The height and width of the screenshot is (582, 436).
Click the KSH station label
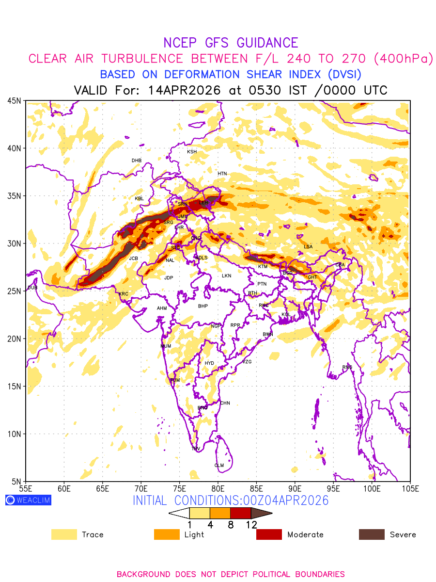tap(192, 152)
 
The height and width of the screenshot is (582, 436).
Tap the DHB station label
tap(137, 161)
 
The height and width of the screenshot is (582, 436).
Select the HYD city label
tap(209, 363)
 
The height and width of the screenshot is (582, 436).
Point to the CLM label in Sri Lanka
tap(219, 466)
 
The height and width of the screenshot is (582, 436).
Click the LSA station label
tap(308, 247)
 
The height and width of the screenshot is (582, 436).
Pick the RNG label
tap(347, 367)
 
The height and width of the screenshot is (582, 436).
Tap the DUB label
tap(32, 288)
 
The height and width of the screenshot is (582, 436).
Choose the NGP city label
tap(216, 326)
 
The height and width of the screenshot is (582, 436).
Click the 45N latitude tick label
tap(14, 100)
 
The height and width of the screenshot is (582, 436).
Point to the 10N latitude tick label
tap(14, 434)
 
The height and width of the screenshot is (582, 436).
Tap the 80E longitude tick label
tap(218, 488)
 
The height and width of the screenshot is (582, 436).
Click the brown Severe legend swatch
tap(372, 534)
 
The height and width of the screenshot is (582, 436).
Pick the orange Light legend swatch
tap(167, 534)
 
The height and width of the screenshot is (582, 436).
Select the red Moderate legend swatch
tap(269, 534)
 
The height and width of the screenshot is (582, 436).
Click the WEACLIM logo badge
tap(28, 500)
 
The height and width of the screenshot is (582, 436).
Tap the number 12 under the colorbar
tap(251, 524)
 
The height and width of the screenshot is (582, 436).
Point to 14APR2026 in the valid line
tap(185, 90)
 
